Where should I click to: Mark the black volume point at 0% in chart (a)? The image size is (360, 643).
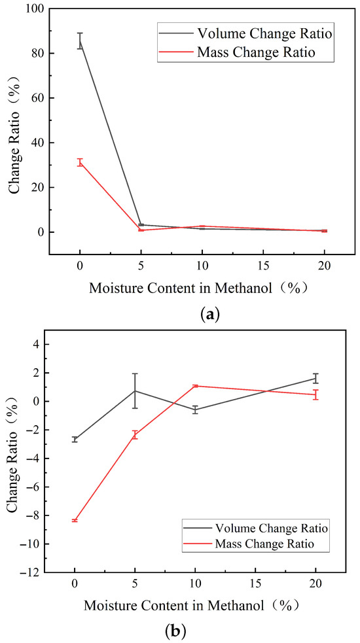click(80, 41)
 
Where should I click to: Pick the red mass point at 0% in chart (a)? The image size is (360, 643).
click(80, 162)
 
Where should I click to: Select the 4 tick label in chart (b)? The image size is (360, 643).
click(37, 345)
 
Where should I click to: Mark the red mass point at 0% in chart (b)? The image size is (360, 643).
click(75, 521)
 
